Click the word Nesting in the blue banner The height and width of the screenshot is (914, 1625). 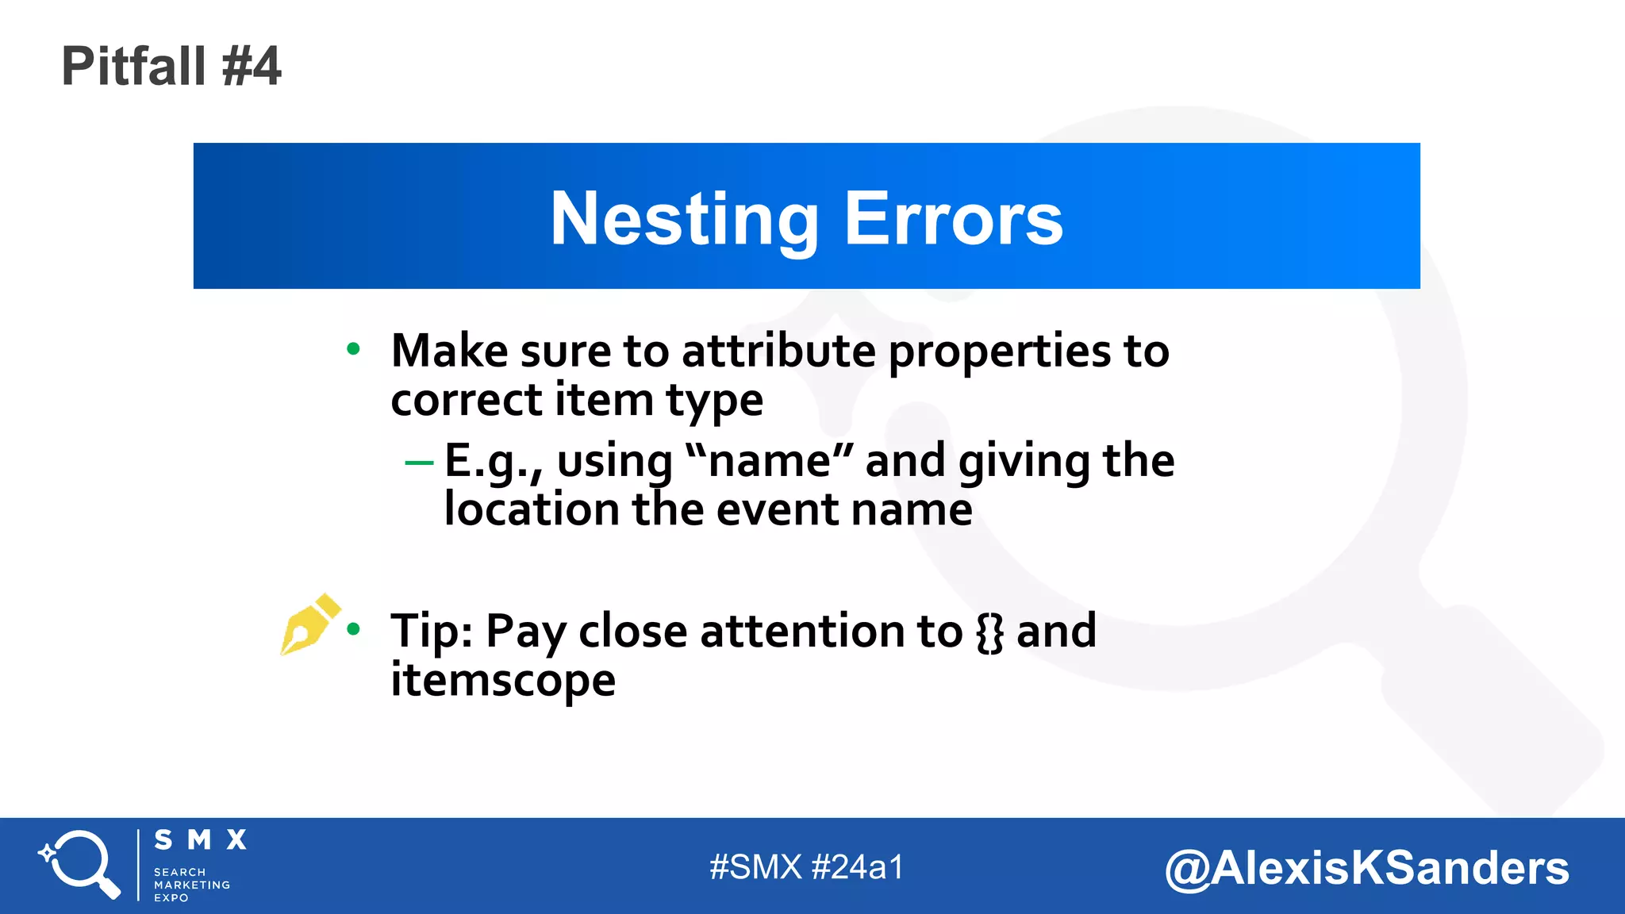pyautogui.click(x=684, y=219)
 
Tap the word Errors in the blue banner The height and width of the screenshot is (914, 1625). pyautogui.click(x=953, y=219)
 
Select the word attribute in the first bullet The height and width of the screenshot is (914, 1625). pyautogui.click(x=778, y=351)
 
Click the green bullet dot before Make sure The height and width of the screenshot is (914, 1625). pyautogui.click(x=354, y=349)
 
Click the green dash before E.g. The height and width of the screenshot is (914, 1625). pyautogui.click(x=419, y=463)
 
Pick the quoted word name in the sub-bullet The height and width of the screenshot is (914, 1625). pyautogui.click(x=769, y=460)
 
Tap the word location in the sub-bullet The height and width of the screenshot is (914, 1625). pyautogui.click(x=531, y=509)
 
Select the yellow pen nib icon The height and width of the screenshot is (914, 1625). pyautogui.click(x=308, y=624)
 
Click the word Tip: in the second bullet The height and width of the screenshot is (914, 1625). pyautogui.click(x=432, y=632)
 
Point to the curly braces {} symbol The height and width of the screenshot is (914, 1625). pyautogui.click(x=989, y=632)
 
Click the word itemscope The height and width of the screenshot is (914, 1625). pyautogui.click(x=502, y=681)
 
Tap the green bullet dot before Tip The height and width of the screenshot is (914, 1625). pyautogui.click(x=354, y=630)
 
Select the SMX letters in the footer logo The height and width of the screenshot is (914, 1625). pyautogui.click(x=201, y=840)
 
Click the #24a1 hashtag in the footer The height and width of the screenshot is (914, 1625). pyautogui.click(x=859, y=867)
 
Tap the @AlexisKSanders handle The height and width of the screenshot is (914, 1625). pyautogui.click(x=1366, y=868)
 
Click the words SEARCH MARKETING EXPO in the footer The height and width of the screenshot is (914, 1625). pyautogui.click(x=191, y=885)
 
